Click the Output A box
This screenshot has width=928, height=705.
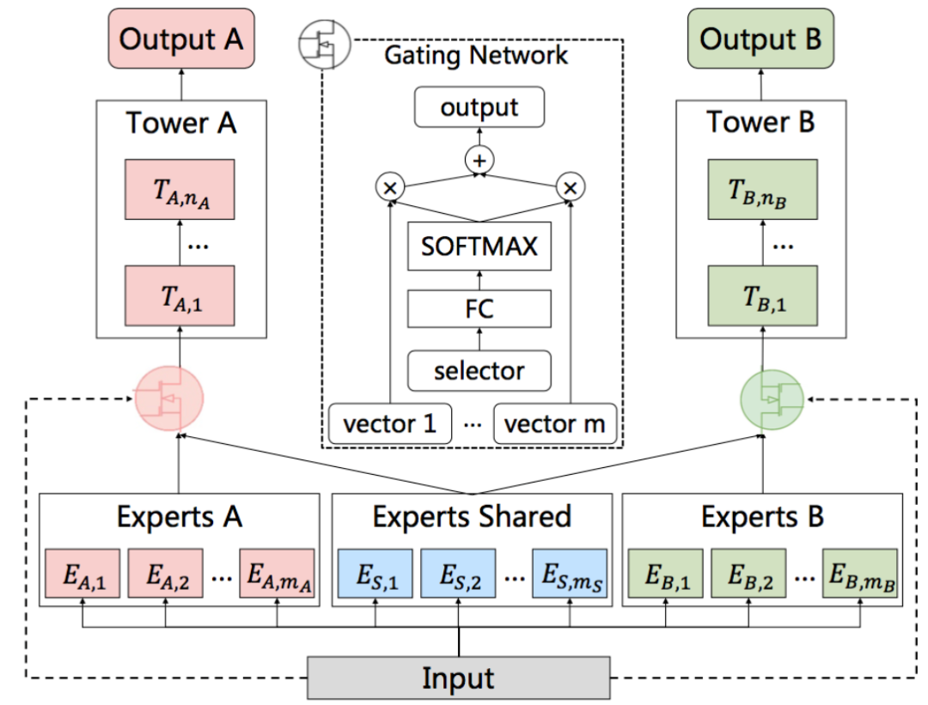click(x=181, y=39)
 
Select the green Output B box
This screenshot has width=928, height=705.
click(x=760, y=39)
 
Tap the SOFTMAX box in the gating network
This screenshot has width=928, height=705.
click(x=479, y=246)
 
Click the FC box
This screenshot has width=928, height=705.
click(x=479, y=309)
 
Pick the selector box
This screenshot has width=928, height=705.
click(x=479, y=371)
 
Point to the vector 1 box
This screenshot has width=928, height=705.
click(x=390, y=423)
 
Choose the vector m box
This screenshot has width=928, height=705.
click(x=555, y=423)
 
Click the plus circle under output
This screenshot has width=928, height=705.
click(x=479, y=161)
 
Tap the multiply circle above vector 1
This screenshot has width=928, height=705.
click(x=390, y=187)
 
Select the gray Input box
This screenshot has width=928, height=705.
click(x=459, y=678)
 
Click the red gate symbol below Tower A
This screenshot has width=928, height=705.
click(x=169, y=398)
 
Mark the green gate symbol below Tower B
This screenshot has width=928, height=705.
click(x=772, y=400)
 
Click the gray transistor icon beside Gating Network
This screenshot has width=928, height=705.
click(x=324, y=45)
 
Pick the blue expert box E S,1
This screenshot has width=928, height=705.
click(x=375, y=574)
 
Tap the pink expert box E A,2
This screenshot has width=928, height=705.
click(x=166, y=574)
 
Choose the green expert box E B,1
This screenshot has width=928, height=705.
click(x=666, y=574)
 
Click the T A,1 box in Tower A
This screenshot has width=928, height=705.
click(x=180, y=295)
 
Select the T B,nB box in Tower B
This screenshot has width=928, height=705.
click(x=763, y=189)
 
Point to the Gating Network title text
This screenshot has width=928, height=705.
click(x=476, y=56)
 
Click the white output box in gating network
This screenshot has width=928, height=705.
click(x=479, y=107)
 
